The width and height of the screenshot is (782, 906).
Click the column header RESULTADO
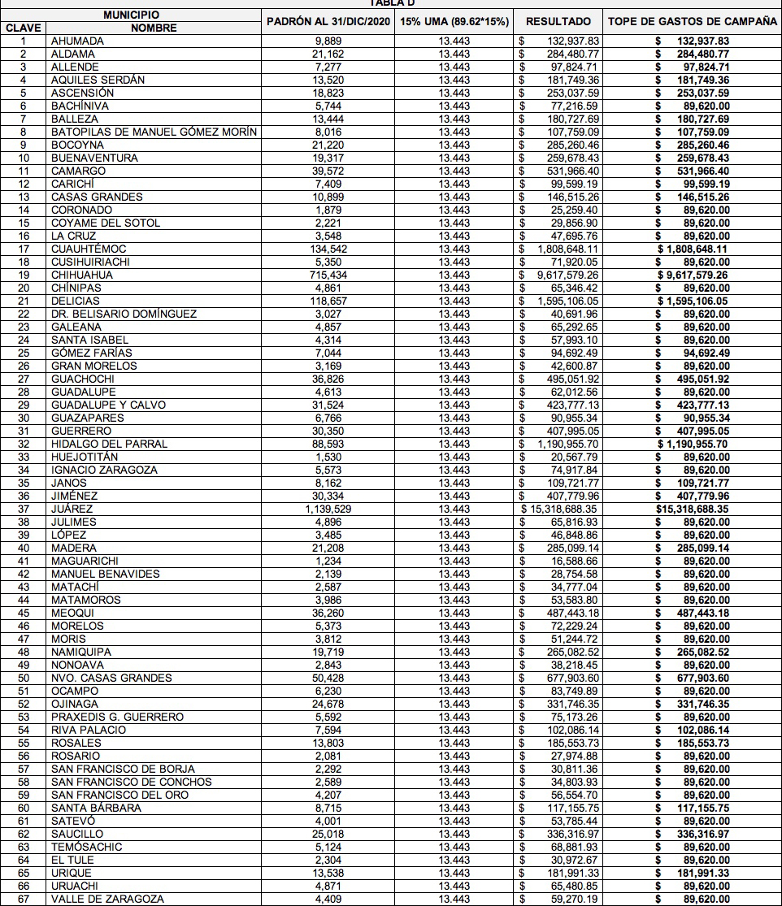pyautogui.click(x=558, y=21)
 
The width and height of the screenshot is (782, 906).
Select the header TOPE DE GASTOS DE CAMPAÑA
pyautogui.click(x=693, y=21)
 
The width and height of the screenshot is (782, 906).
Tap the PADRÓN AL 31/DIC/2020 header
pyautogui.click(x=329, y=21)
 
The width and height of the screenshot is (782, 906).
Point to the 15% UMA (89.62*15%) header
pyautogui.click(x=454, y=21)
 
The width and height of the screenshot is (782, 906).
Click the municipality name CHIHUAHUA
pyautogui.click(x=82, y=275)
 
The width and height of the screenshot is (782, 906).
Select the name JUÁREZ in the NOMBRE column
pyautogui.click(x=72, y=509)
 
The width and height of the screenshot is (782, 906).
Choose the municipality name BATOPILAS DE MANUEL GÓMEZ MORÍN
pyautogui.click(x=154, y=132)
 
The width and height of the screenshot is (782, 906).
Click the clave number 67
pyautogui.click(x=24, y=899)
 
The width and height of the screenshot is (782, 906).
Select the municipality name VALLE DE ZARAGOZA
pyautogui.click(x=107, y=899)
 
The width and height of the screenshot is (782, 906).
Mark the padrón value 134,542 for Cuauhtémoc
pyautogui.click(x=330, y=249)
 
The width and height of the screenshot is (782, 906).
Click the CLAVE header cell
pyautogui.click(x=24, y=28)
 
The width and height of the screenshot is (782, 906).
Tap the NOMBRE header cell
pyautogui.click(x=153, y=28)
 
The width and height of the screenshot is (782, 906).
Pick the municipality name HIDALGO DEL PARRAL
pyautogui.click(x=109, y=444)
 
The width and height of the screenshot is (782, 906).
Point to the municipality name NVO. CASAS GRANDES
pyautogui.click(x=111, y=678)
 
